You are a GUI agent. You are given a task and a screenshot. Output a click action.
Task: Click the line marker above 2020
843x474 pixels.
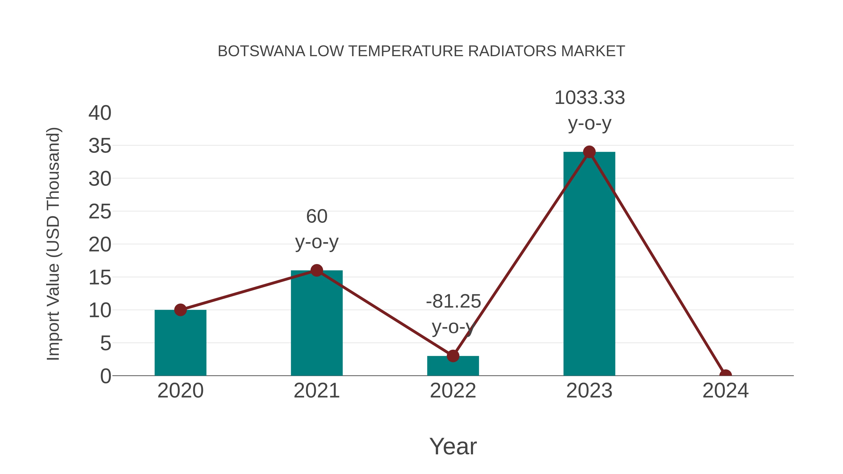[x=180, y=309]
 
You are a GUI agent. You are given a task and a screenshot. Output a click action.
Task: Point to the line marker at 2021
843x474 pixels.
[x=316, y=270]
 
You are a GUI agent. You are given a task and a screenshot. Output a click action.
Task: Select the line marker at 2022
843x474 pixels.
[x=453, y=356]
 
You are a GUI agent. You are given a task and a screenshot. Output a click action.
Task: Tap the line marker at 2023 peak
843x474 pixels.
[x=589, y=152]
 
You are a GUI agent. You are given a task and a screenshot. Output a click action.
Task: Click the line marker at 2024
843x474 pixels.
[x=725, y=375]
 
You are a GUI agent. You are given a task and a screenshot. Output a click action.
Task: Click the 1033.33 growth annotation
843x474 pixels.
[x=589, y=98]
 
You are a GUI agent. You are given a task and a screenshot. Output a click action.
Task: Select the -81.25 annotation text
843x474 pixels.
[x=453, y=301]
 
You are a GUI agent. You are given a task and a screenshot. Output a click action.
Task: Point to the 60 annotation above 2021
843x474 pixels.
[x=316, y=216]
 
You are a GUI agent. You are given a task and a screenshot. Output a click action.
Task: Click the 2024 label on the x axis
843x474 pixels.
[x=725, y=391]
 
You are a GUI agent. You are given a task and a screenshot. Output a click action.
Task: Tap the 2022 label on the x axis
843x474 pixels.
[x=453, y=391]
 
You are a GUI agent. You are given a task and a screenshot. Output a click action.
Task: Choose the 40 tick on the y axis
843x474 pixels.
[x=100, y=113]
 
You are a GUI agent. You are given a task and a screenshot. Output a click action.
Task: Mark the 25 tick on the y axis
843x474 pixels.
[x=100, y=212]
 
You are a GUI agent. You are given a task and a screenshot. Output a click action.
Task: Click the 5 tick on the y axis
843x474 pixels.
[x=105, y=343]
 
